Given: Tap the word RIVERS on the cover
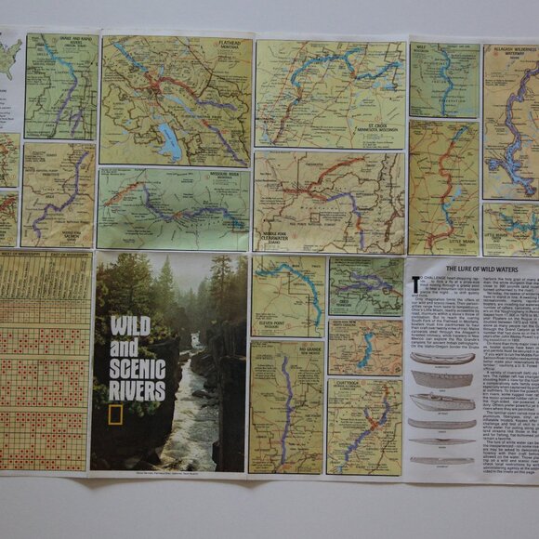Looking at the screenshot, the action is pyautogui.click(x=137, y=389).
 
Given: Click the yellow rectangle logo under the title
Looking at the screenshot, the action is pyautogui.click(x=115, y=414).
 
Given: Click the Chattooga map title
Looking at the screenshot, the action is pyautogui.click(x=356, y=388).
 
